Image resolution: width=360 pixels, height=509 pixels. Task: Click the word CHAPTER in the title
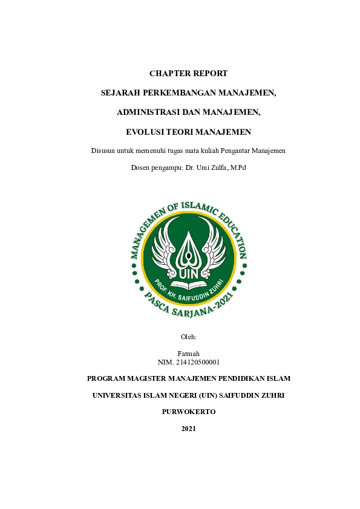click(x=169, y=74)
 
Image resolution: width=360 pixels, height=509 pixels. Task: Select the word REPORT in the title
click(x=209, y=74)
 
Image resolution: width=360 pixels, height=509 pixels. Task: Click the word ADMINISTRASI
click(x=146, y=112)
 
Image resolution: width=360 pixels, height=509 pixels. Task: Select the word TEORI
click(x=182, y=132)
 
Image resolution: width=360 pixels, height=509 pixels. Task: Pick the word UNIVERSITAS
click(x=118, y=395)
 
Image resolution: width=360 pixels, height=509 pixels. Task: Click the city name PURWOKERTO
click(x=189, y=412)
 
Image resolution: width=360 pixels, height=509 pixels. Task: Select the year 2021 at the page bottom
click(x=188, y=429)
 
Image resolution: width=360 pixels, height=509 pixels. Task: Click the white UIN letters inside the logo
click(x=189, y=270)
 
